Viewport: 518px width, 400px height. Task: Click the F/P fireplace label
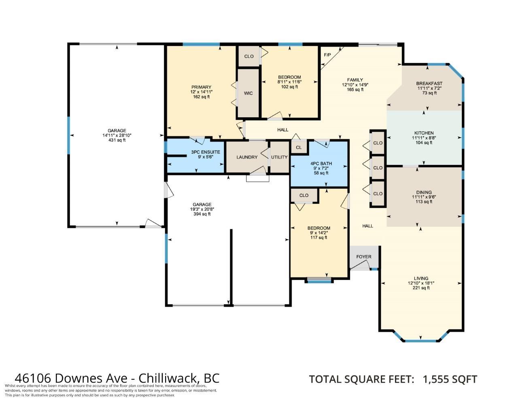click(x=327, y=55)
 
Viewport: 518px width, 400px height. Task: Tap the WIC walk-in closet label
click(x=248, y=93)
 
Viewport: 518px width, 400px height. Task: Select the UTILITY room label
click(x=279, y=157)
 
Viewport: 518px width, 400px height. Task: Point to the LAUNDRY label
click(x=247, y=157)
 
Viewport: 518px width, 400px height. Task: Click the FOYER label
click(x=364, y=256)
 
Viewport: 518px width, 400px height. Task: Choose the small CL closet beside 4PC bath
click(x=299, y=148)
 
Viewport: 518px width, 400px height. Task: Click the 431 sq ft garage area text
click(x=117, y=140)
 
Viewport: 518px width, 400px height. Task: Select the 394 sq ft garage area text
click(x=202, y=214)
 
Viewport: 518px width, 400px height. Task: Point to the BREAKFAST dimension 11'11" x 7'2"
click(x=429, y=88)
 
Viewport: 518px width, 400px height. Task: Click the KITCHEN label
click(x=424, y=133)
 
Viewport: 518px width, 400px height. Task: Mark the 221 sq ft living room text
click(x=421, y=288)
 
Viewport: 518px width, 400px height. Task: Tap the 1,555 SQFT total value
click(x=450, y=379)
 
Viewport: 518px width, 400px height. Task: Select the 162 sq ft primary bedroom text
click(x=202, y=97)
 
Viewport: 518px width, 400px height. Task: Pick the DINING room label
click(x=424, y=192)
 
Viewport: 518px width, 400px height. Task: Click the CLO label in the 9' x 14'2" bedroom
click(x=304, y=195)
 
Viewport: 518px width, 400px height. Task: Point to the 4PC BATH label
click(x=321, y=163)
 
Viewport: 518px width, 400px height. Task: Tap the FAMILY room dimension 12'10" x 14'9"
click(x=355, y=85)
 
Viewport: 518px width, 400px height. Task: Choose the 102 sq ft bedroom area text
click(x=289, y=87)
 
